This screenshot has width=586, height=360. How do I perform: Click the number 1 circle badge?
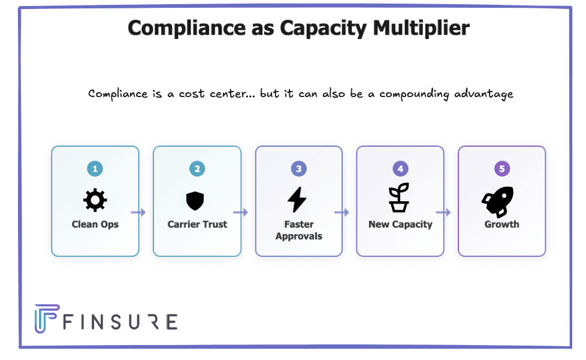(95, 169)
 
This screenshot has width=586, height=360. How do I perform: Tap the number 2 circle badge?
(197, 169)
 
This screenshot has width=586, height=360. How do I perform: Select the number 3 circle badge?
(298, 169)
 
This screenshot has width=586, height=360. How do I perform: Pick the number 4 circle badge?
(400, 169)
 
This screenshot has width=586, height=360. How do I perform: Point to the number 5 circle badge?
(502, 169)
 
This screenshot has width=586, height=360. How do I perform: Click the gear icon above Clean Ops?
(95, 201)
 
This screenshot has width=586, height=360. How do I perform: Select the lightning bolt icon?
(298, 200)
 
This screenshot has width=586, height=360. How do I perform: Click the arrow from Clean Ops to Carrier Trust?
(138, 212)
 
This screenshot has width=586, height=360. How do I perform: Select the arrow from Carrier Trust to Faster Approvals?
(241, 212)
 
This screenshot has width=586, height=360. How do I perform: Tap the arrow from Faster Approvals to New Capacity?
(342, 212)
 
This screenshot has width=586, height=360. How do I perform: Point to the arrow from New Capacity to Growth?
(443, 212)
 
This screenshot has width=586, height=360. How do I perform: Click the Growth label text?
(502, 225)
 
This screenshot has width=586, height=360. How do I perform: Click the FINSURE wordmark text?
(120, 322)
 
